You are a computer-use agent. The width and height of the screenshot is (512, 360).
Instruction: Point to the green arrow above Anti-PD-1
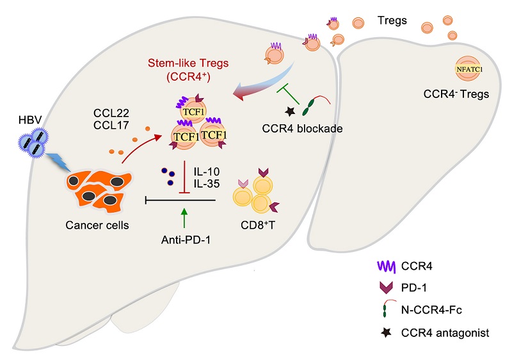click(184, 218)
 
